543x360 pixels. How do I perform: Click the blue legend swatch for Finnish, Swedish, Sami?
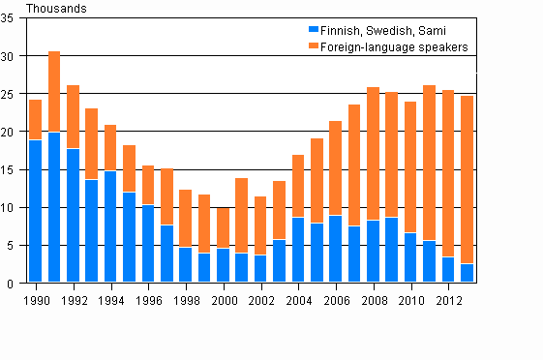pos(312,30)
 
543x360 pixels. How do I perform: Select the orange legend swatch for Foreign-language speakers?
pos(312,45)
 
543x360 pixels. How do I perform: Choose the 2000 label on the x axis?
pos(223,299)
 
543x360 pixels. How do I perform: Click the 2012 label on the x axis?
pos(448,299)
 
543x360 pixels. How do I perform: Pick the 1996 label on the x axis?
pos(148,299)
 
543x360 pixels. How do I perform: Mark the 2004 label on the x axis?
pos(298,299)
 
